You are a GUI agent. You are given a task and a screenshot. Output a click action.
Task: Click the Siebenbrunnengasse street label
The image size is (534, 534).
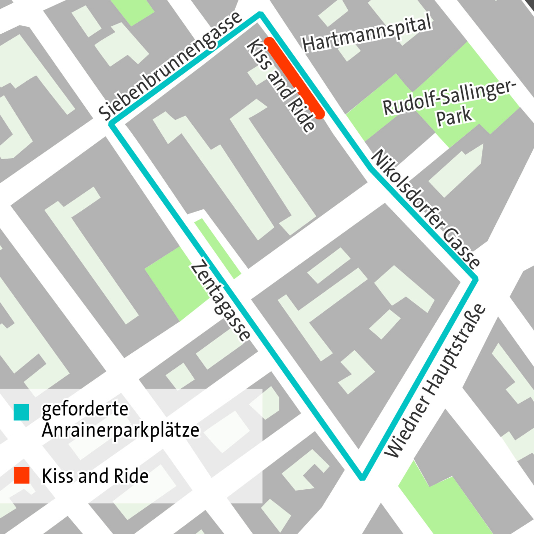click(x=170, y=66)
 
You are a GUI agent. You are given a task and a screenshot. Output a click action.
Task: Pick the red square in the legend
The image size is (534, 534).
click(x=22, y=475)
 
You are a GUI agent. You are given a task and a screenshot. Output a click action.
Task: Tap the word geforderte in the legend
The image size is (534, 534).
click(x=85, y=409)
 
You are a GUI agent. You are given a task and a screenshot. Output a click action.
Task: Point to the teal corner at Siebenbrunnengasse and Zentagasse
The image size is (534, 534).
click(x=111, y=124)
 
